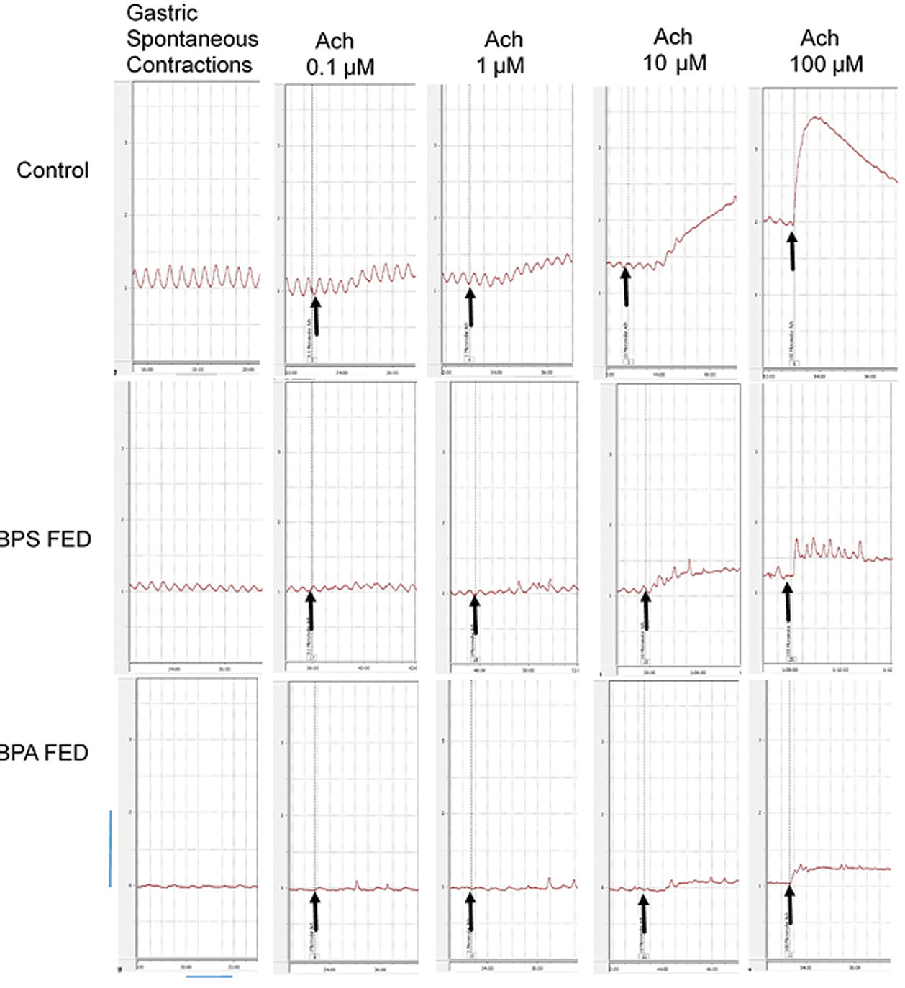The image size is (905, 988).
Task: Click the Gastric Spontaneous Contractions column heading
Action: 191,39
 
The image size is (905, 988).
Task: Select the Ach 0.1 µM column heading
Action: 340,54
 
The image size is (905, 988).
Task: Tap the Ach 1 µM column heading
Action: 502,52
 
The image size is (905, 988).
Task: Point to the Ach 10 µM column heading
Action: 674,50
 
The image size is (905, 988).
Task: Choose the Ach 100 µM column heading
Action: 825,51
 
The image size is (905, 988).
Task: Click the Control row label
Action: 53,170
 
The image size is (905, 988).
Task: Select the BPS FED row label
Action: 45,539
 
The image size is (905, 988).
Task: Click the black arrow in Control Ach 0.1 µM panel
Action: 315,316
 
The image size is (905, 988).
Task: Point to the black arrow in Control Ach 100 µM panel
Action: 791,250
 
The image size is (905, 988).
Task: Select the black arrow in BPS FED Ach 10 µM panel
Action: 645,610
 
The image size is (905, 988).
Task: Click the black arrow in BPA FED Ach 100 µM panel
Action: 790,905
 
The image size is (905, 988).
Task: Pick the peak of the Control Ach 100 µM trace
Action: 815,117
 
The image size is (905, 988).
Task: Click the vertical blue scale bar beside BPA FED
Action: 110,849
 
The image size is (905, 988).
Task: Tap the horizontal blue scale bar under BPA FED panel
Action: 209,976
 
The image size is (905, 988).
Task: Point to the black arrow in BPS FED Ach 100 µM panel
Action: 788,603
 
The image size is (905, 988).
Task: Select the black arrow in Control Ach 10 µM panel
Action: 625,285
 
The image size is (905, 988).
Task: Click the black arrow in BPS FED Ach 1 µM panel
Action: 474,616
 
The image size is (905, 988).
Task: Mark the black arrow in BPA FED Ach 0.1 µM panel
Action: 314,911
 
